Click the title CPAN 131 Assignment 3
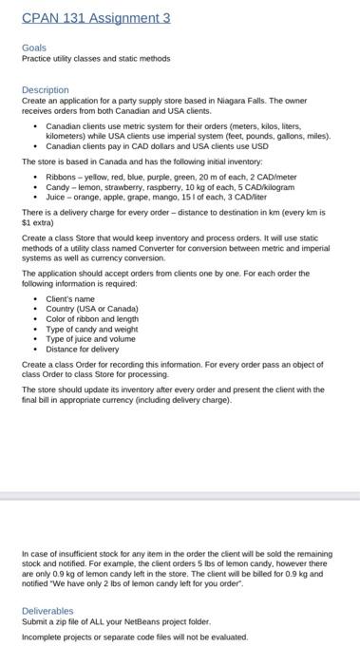coord(95,18)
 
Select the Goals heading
coord(33,47)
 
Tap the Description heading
coord(46,89)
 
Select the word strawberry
coord(121,186)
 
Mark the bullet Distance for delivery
coord(84,348)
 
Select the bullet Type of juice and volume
coord(91,338)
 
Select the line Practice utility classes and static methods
coord(96,58)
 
